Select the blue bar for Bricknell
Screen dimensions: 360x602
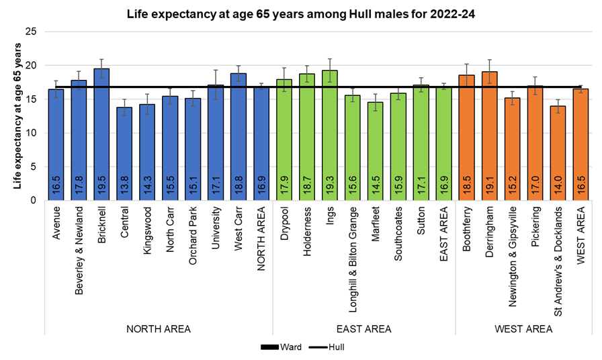[101, 134]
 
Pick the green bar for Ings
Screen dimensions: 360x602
[330, 135]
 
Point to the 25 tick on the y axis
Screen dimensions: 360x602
[31, 32]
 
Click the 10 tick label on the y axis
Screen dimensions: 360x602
[31, 133]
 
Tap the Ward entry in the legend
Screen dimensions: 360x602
[275, 348]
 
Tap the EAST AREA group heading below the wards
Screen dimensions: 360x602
[363, 329]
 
